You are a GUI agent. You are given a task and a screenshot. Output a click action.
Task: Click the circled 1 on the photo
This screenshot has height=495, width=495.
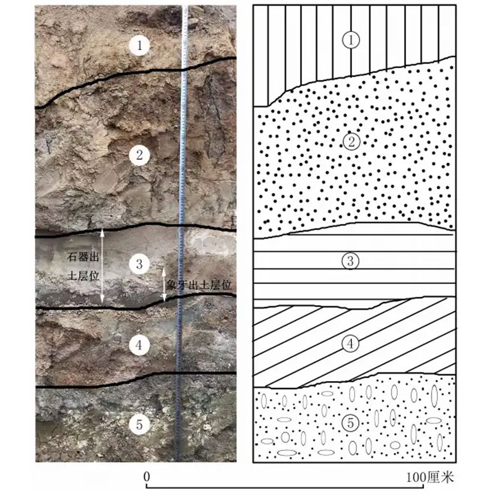pyautogui.click(x=139, y=45)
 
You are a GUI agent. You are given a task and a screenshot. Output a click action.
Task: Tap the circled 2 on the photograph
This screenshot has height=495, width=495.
pyautogui.click(x=139, y=155)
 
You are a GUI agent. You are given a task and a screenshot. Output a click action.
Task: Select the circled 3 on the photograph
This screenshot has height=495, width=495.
pyautogui.click(x=139, y=264)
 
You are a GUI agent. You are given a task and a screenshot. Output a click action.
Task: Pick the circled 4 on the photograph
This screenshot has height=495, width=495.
pyautogui.click(x=139, y=345)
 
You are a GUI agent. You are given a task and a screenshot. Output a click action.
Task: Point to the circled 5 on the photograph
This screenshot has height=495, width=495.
pyautogui.click(x=139, y=425)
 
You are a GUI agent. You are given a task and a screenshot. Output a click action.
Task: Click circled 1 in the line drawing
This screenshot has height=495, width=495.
pyautogui.click(x=351, y=40)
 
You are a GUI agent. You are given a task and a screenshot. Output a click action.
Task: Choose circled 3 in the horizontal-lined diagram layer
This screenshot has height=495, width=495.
pyautogui.click(x=350, y=261)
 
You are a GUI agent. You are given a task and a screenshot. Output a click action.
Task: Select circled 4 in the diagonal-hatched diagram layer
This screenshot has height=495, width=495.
pyautogui.click(x=350, y=343)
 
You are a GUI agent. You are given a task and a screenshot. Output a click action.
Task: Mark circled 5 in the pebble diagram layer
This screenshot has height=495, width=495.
pyautogui.click(x=350, y=423)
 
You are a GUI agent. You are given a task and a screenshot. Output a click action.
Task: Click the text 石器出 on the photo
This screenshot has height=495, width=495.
pyautogui.click(x=83, y=257)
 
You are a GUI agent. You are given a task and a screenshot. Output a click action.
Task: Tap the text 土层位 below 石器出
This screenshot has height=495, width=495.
pyautogui.click(x=83, y=276)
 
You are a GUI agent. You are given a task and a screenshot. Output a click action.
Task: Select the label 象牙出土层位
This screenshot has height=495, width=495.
pyautogui.click(x=199, y=286)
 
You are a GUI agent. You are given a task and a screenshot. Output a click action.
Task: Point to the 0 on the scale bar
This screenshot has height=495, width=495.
pyautogui.click(x=146, y=476)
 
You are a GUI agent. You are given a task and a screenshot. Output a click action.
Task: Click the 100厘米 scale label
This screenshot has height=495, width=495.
pyautogui.click(x=430, y=477)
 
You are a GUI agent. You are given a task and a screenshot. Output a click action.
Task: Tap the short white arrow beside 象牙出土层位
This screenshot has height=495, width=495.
pyautogui.click(x=164, y=285)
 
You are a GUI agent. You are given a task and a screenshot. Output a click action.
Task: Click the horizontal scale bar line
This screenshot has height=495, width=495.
pyautogui.click(x=285, y=487)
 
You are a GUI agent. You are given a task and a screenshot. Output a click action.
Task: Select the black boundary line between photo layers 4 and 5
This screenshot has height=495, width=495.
pyautogui.click(x=136, y=381)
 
